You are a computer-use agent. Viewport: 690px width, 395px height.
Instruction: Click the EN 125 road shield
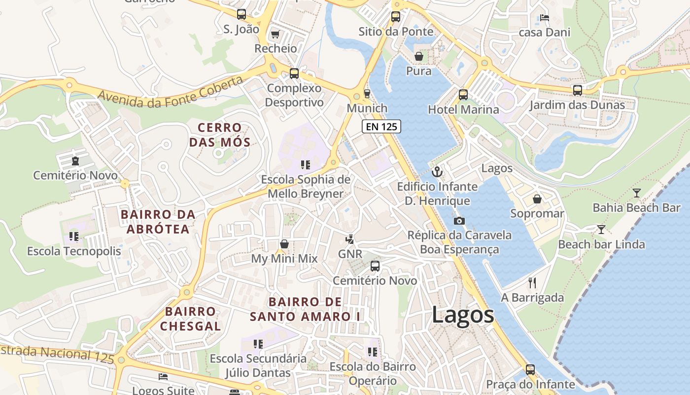(381, 126)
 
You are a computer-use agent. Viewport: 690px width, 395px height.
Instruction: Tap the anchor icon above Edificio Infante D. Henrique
(437, 172)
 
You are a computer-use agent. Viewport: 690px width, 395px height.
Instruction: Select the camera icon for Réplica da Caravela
(459, 221)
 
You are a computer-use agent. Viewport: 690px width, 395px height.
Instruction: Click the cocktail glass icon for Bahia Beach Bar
(637, 193)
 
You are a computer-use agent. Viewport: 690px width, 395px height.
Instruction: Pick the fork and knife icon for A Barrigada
(532, 283)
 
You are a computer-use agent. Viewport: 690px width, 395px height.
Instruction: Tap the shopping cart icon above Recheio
(276, 34)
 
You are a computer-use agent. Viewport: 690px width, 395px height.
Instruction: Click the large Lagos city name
(463, 315)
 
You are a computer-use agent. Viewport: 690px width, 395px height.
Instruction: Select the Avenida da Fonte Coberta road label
(171, 92)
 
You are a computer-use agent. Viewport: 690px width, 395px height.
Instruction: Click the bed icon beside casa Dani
(544, 18)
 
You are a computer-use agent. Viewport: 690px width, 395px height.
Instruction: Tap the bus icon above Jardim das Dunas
(577, 90)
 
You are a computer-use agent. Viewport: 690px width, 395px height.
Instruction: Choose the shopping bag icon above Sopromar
(537, 199)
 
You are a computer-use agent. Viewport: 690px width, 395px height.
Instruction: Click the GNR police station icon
(350, 239)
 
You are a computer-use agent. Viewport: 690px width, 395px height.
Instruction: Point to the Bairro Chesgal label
(190, 318)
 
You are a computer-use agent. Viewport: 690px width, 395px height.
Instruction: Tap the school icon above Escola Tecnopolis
(74, 237)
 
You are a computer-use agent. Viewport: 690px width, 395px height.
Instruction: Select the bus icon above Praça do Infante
(530, 369)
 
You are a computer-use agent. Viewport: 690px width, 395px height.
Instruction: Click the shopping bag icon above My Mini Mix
(284, 244)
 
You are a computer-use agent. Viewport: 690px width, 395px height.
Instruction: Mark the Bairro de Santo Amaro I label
(305, 309)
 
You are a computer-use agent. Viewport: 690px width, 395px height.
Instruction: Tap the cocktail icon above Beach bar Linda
(601, 229)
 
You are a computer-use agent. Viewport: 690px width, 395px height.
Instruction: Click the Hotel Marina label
(463, 110)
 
